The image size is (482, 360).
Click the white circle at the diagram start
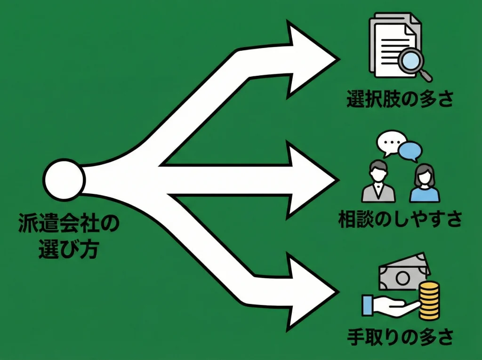click(64, 179)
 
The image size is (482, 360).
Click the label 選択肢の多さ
click(400, 99)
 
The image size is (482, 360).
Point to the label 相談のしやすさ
click(400, 219)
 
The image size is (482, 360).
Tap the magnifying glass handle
click(426, 75)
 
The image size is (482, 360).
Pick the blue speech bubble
click(410, 151)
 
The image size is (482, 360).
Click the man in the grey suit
click(378, 183)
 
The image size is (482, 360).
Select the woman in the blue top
click(424, 184)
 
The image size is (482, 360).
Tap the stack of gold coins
click(429, 301)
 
